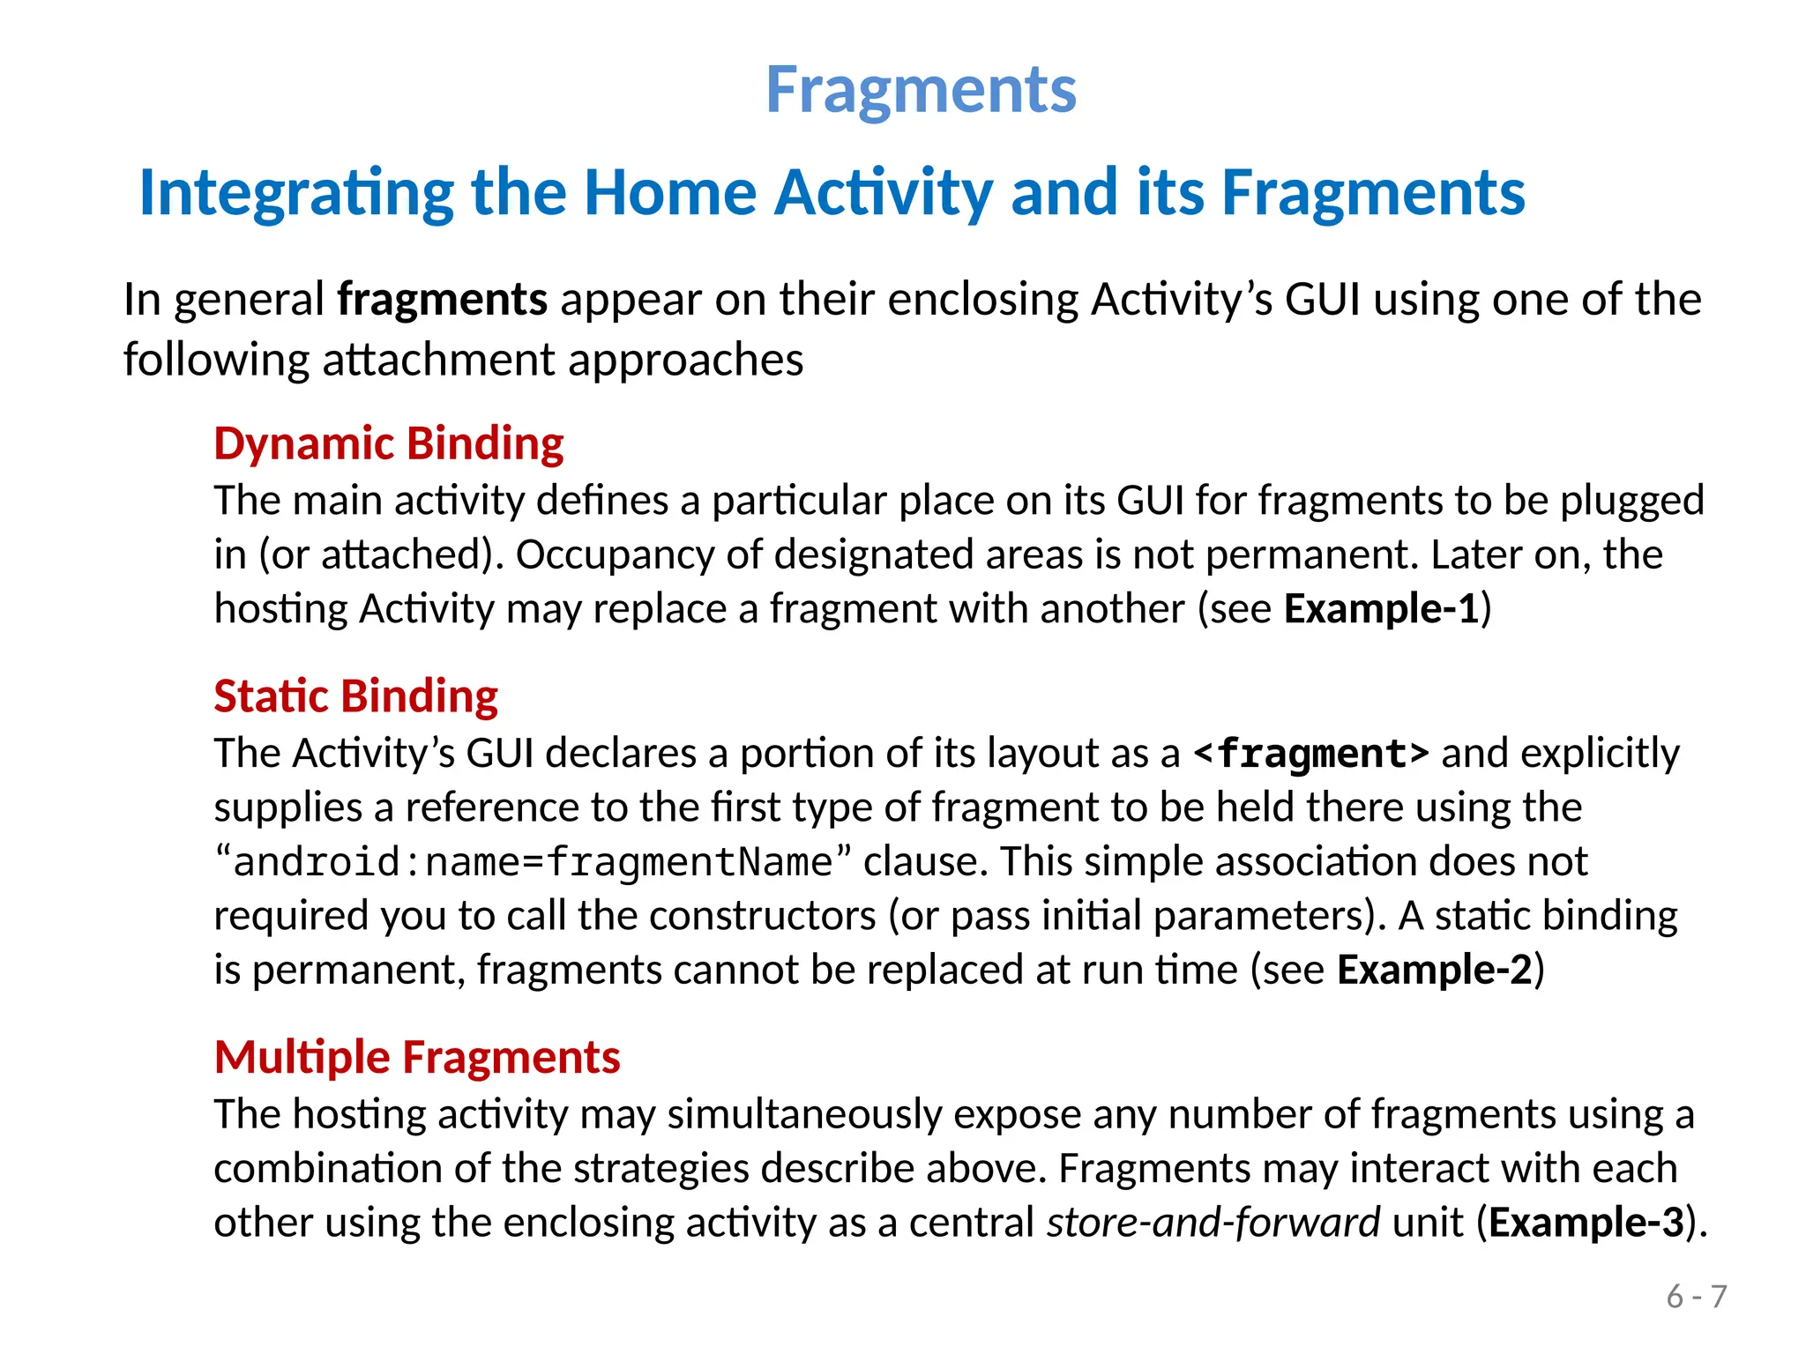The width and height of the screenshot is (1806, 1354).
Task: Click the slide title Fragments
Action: click(x=921, y=90)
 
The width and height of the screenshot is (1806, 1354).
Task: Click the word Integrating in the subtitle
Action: click(x=296, y=192)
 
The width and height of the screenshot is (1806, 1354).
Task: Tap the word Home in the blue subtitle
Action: click(x=669, y=192)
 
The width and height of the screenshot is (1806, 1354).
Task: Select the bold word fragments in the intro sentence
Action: click(x=443, y=300)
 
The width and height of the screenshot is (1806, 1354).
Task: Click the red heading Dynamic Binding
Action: click(x=389, y=443)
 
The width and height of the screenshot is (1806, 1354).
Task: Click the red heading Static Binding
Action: click(x=355, y=696)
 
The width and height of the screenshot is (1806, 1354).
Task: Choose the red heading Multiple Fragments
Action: click(x=417, y=1056)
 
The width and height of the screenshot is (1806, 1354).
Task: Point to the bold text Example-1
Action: click(x=1381, y=608)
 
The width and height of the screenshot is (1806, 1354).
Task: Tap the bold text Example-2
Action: click(x=1435, y=970)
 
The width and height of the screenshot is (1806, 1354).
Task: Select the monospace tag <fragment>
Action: click(x=1310, y=754)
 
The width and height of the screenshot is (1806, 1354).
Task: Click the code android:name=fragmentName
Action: click(x=533, y=862)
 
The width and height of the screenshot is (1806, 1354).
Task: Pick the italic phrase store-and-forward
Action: click(x=1213, y=1223)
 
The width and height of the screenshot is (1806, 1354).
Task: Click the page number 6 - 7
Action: click(x=1696, y=1297)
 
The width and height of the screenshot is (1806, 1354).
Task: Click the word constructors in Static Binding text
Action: click(x=762, y=916)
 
